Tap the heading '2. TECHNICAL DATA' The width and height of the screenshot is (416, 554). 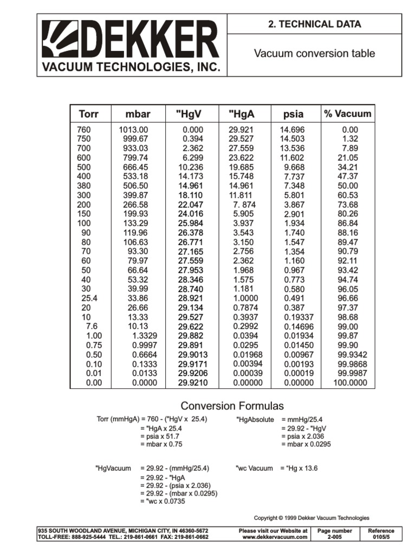[x=314, y=24]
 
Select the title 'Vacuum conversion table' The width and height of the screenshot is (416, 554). [x=314, y=54]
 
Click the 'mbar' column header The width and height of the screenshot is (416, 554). [x=138, y=114]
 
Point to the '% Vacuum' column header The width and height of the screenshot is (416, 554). [x=347, y=114]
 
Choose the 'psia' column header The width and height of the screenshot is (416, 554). [x=293, y=114]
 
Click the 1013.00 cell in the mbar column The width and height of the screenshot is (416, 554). [x=133, y=130]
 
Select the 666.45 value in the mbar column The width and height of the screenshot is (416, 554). [x=135, y=167]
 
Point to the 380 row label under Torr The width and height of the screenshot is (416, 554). [x=84, y=186]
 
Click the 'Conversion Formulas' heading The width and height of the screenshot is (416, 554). [x=232, y=406]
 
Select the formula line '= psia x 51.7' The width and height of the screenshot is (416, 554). [x=161, y=436]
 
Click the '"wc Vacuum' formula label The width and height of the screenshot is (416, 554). [x=254, y=468]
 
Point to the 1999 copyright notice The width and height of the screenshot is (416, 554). [x=311, y=518]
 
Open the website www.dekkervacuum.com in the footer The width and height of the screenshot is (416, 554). [x=275, y=537]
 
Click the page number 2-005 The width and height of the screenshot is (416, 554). [x=334, y=537]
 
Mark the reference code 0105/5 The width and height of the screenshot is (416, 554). [x=381, y=537]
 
